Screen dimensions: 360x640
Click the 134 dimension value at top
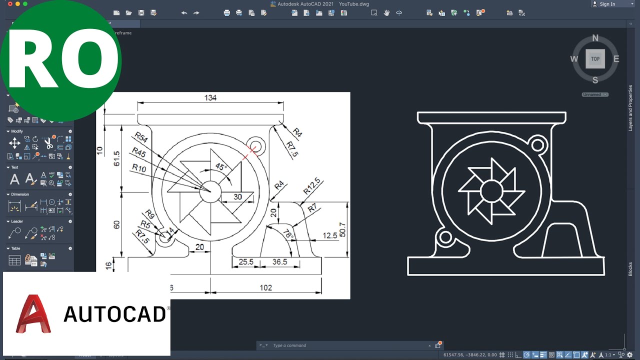pos(210,97)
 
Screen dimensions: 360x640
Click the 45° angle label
pos(220,166)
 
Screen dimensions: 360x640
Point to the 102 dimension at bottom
pos(265,287)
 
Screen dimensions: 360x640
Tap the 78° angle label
pos(288,234)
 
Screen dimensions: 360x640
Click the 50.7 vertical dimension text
pos(342,229)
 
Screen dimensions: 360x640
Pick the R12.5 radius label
pos(311,185)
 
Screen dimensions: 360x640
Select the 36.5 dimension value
pos(279,261)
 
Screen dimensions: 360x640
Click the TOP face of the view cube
pos(595,58)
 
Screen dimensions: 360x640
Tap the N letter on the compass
pos(595,38)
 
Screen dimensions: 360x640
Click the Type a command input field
pos(345,345)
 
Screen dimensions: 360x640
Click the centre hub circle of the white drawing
pos(491,190)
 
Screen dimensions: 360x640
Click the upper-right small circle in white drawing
pos(538,145)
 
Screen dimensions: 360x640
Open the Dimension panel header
pos(20,194)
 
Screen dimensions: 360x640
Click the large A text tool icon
pos(15,179)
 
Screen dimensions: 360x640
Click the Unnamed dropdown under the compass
pos(595,94)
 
